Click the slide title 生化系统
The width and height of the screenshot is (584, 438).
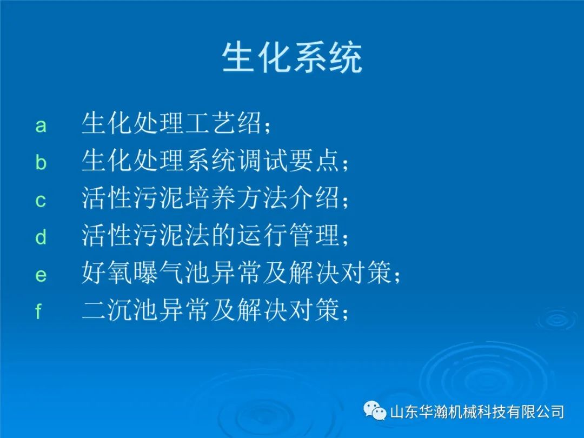click(292, 58)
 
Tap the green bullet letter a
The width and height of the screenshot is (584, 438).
click(41, 125)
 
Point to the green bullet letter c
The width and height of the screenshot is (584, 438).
click(41, 201)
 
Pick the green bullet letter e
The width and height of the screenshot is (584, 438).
click(41, 275)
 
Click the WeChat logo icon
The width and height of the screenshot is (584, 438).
click(375, 411)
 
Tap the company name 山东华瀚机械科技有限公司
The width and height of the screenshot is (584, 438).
click(477, 412)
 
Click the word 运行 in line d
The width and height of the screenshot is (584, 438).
click(263, 235)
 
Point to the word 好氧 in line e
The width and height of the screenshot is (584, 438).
click(107, 272)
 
